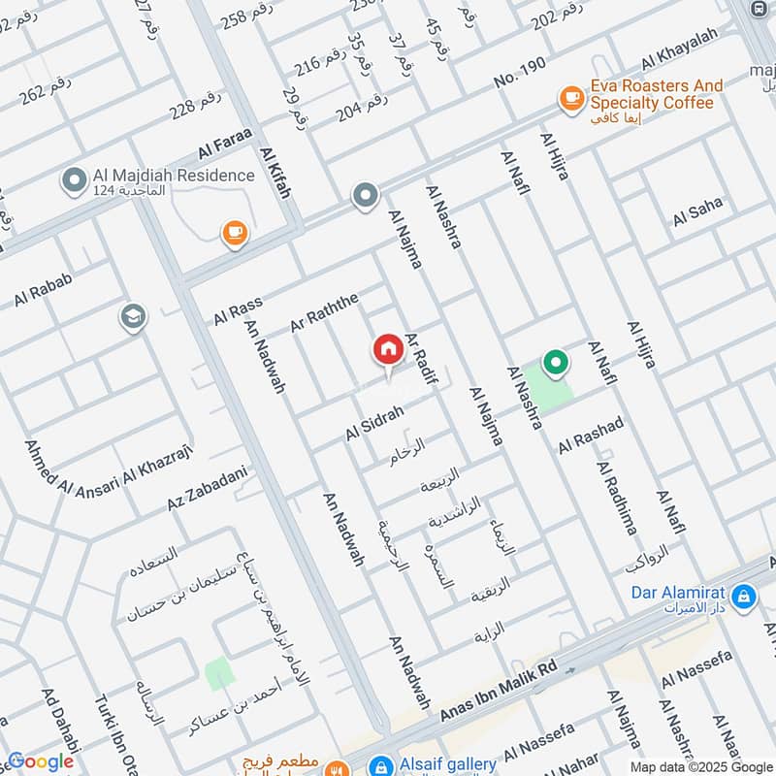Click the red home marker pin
click(x=388, y=349)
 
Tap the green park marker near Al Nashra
click(x=556, y=365)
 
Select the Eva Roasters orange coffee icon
click(x=569, y=98)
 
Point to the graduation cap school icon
click(x=132, y=316)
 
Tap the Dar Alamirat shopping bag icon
click(x=743, y=595)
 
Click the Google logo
click(x=40, y=762)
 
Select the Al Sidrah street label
click(x=373, y=423)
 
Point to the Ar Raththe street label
click(x=324, y=311)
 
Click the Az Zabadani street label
click(x=208, y=491)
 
